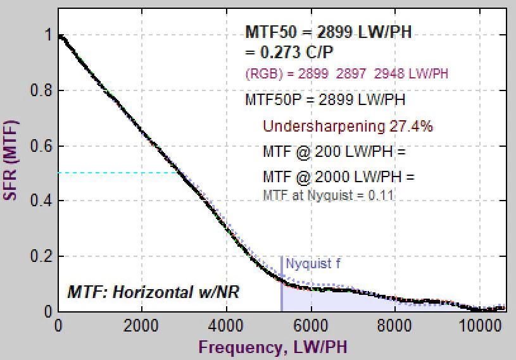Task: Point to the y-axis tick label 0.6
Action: coord(41,146)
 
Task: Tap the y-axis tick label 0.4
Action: coord(41,201)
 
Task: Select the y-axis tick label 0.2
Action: coord(41,256)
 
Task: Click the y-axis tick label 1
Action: coord(47,35)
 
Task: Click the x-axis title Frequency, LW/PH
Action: coord(273,347)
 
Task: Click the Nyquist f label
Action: coord(313,264)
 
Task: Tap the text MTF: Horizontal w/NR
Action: coord(153,292)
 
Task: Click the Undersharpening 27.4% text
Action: coord(348,127)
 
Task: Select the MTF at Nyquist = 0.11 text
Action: coord(328,194)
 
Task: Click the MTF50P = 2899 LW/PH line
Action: coord(325,100)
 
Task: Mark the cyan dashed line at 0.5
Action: coord(117,173)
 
